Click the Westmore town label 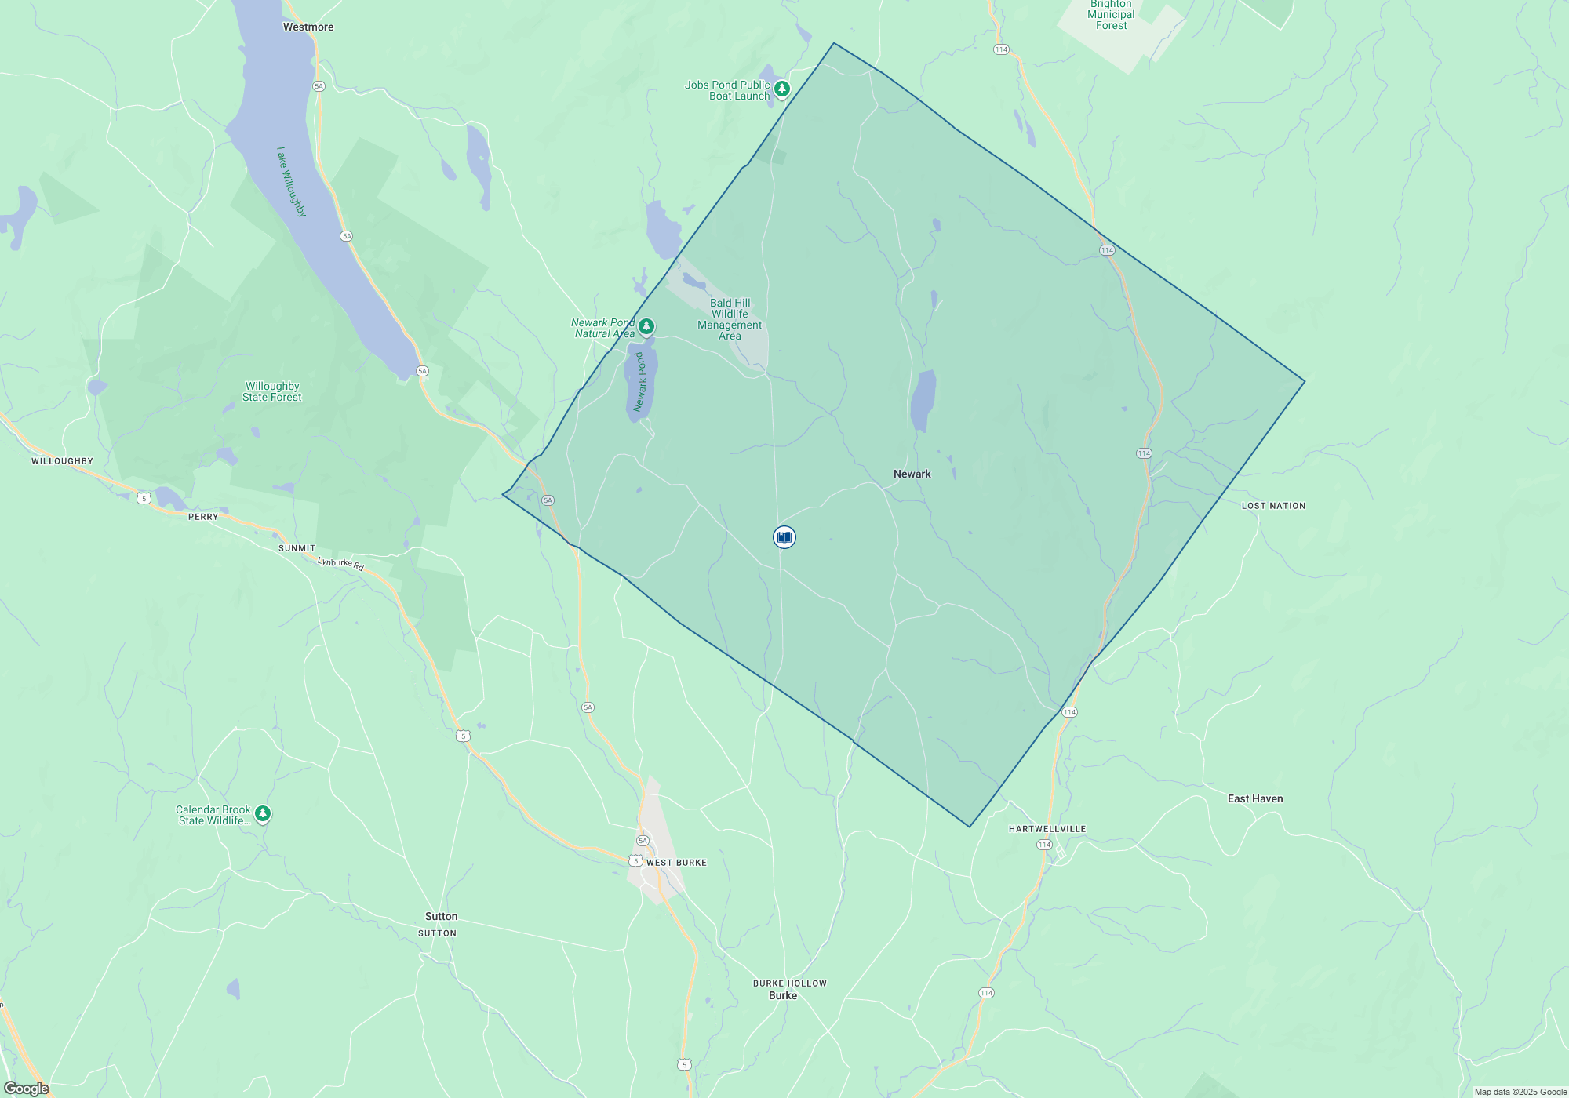(x=308, y=27)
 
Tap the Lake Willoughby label (x=291, y=182)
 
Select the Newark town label (x=912, y=474)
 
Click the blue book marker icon (x=784, y=537)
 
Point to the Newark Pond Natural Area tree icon (x=646, y=326)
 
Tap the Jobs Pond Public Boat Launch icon (x=782, y=89)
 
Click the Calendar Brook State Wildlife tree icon (x=263, y=814)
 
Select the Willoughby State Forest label (x=271, y=392)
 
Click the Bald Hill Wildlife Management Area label (x=730, y=319)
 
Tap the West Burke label (x=676, y=863)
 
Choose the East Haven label (x=1255, y=799)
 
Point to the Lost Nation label (x=1273, y=506)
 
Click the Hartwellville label (x=1047, y=829)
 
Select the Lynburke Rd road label (x=340, y=563)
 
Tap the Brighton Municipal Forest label (x=1111, y=15)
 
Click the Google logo (x=26, y=1089)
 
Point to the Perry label (x=203, y=517)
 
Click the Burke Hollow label (x=789, y=983)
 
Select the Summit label (x=297, y=548)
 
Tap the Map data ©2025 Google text (x=1520, y=1092)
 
